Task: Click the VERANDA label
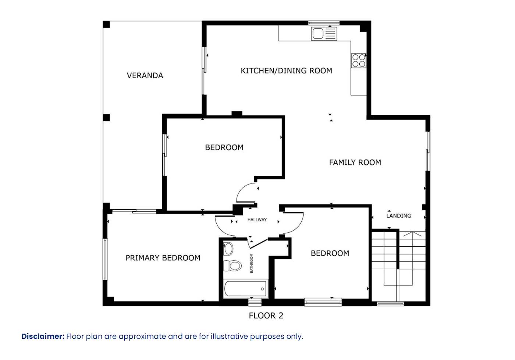pos(145,75)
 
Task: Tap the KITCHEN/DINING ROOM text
pos(286,71)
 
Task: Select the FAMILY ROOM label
pos(355,163)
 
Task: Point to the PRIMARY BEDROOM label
pos(163,258)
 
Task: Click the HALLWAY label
pos(257,220)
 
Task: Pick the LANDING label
pos(399,215)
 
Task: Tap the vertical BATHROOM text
pos(252,263)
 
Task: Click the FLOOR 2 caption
pos(266,316)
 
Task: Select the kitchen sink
pos(324,33)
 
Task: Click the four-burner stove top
pos(359,60)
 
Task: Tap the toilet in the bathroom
pos(232,266)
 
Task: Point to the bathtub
pos(246,289)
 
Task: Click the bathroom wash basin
pos(228,249)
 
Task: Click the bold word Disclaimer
pos(43,336)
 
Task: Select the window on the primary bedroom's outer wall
pos(105,259)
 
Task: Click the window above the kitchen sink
pos(324,23)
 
